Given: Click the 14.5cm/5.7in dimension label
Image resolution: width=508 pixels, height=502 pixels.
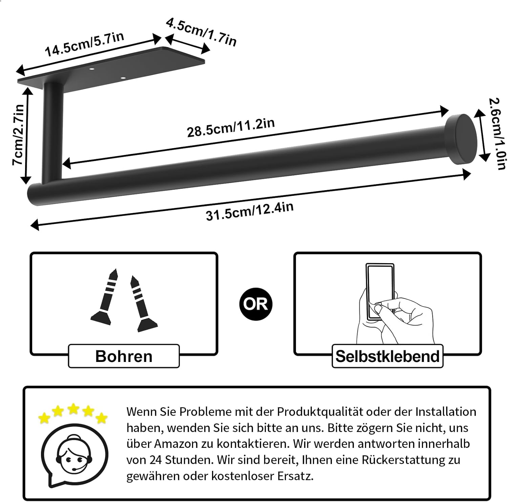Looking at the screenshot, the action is [x=84, y=45].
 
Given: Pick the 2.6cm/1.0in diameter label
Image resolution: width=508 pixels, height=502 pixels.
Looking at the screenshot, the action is [x=498, y=134].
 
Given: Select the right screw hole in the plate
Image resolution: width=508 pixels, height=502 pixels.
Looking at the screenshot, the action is [x=123, y=78].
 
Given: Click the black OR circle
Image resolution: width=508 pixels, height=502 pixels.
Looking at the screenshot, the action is [x=255, y=303].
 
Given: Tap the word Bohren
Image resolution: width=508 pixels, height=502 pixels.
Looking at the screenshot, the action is [x=124, y=356].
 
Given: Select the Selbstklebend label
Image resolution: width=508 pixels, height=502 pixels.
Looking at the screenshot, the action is [x=387, y=356].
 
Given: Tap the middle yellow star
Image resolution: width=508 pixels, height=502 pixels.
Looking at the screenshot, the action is [x=73, y=409].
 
